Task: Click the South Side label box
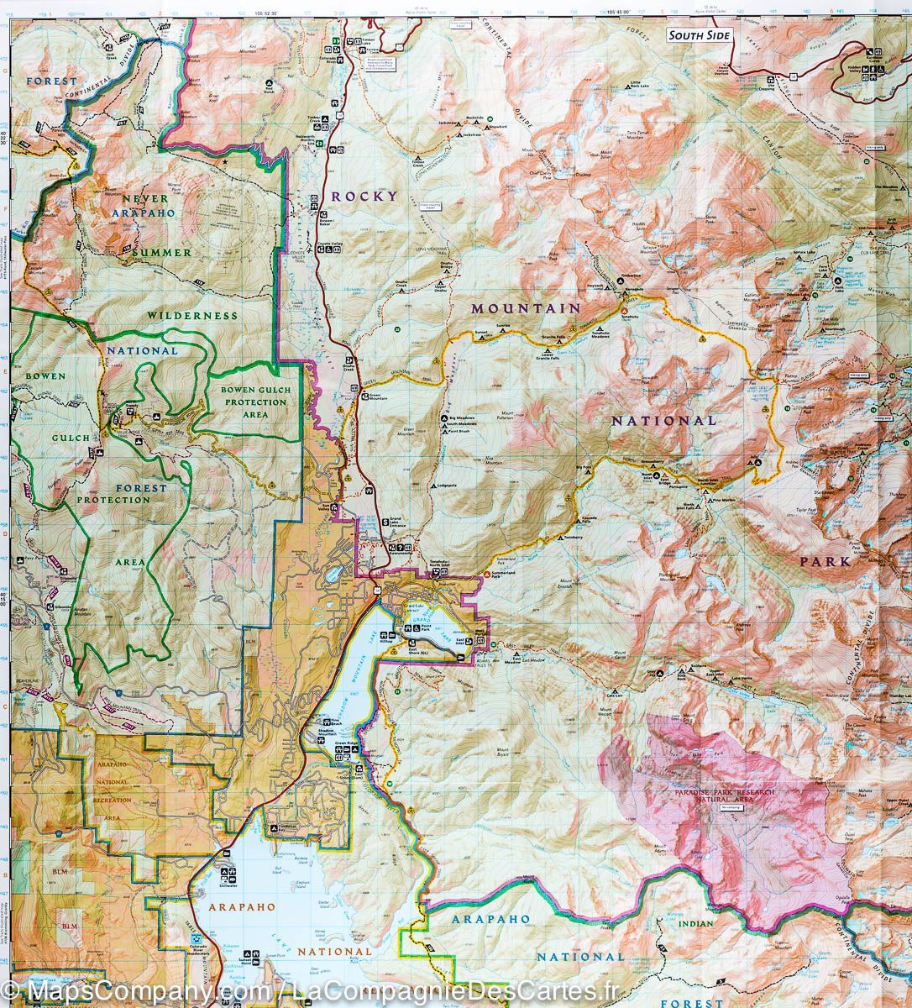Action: point(699,35)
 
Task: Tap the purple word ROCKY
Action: point(364,196)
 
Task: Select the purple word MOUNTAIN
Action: point(526,308)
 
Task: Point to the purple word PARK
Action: point(825,561)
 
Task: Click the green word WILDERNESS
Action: point(193,315)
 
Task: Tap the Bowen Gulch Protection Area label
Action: point(254,402)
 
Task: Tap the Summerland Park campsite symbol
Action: point(488,573)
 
